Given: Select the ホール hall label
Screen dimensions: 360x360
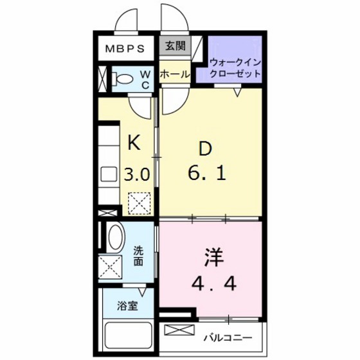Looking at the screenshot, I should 174,75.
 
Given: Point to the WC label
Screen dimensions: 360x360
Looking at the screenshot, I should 145,80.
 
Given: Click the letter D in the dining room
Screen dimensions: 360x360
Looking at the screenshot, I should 204,149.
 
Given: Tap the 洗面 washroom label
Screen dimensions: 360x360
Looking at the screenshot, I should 139,256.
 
